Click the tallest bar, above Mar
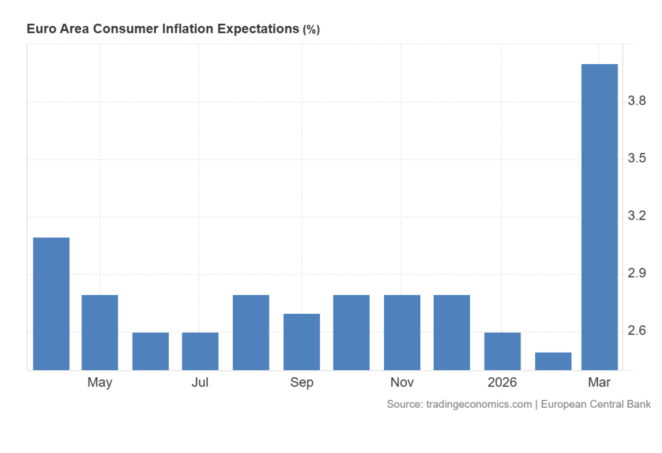pyautogui.click(x=599, y=217)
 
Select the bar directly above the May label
pyautogui.click(x=100, y=332)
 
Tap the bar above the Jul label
pyautogui.click(x=200, y=351)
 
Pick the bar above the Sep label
pyautogui.click(x=301, y=342)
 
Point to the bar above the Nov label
pyautogui.click(x=402, y=332)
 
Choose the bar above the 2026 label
pyautogui.click(x=502, y=351)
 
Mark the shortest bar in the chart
pyautogui.click(x=553, y=361)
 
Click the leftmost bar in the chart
pyautogui.click(x=51, y=304)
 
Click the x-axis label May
pyautogui.click(x=100, y=382)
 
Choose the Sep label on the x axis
pyautogui.click(x=301, y=382)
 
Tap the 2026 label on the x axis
pyautogui.click(x=502, y=382)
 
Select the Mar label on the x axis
pyautogui.click(x=599, y=382)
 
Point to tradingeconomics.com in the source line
pyautogui.click(x=478, y=404)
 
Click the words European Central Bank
pyautogui.click(x=595, y=404)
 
